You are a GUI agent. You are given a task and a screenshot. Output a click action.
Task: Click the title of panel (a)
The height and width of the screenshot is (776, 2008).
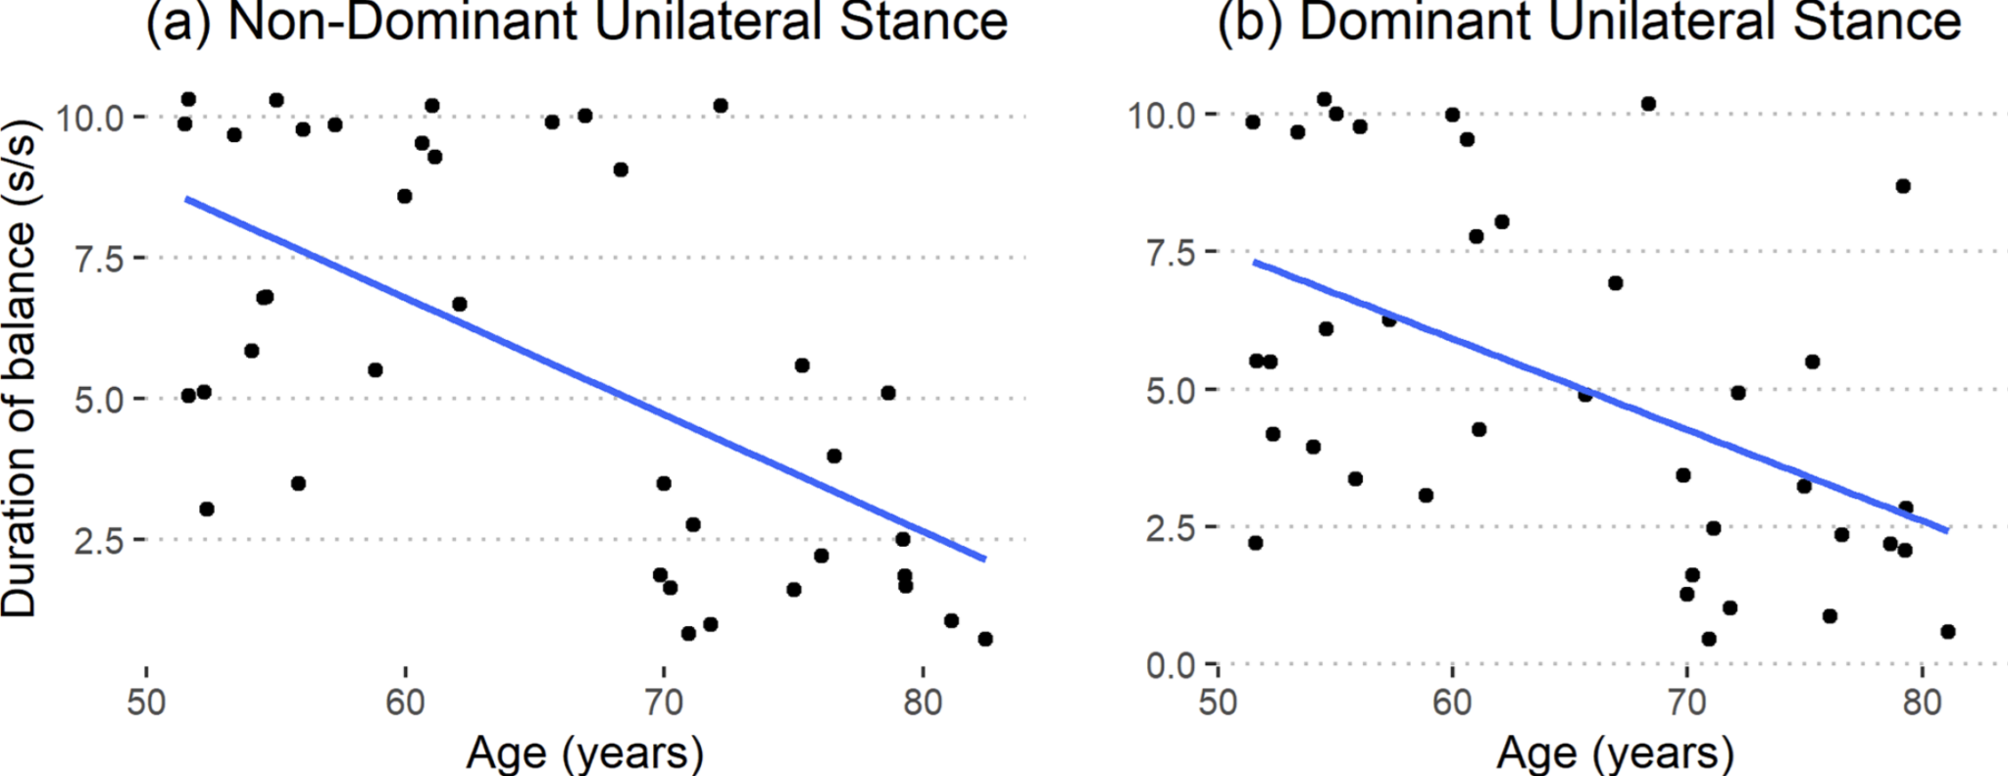577,22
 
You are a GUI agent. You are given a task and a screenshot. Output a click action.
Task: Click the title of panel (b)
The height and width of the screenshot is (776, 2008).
1588,22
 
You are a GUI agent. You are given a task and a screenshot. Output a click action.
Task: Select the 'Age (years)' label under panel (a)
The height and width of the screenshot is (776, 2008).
584,752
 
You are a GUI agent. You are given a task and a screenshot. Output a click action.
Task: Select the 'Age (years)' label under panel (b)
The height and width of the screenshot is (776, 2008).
1615,752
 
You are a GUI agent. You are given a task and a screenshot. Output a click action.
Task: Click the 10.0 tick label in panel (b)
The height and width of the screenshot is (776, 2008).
1161,116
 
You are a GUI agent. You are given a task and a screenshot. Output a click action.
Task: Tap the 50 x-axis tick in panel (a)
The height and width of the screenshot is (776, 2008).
146,703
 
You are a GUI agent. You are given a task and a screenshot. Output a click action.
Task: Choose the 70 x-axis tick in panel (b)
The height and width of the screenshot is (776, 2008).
1686,703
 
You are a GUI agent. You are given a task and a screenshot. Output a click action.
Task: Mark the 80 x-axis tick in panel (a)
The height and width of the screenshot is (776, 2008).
923,703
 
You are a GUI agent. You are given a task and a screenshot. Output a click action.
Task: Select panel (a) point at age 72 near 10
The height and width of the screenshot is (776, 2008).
721,106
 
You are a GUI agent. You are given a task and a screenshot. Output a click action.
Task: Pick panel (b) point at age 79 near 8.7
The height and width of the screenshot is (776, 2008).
1903,186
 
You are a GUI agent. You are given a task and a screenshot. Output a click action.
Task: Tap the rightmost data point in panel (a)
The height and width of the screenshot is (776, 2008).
985,639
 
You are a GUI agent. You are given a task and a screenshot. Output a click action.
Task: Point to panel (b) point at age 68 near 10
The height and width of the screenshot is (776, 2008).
1648,104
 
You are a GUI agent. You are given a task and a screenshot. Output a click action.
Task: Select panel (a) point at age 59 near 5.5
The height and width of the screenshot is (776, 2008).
375,370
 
